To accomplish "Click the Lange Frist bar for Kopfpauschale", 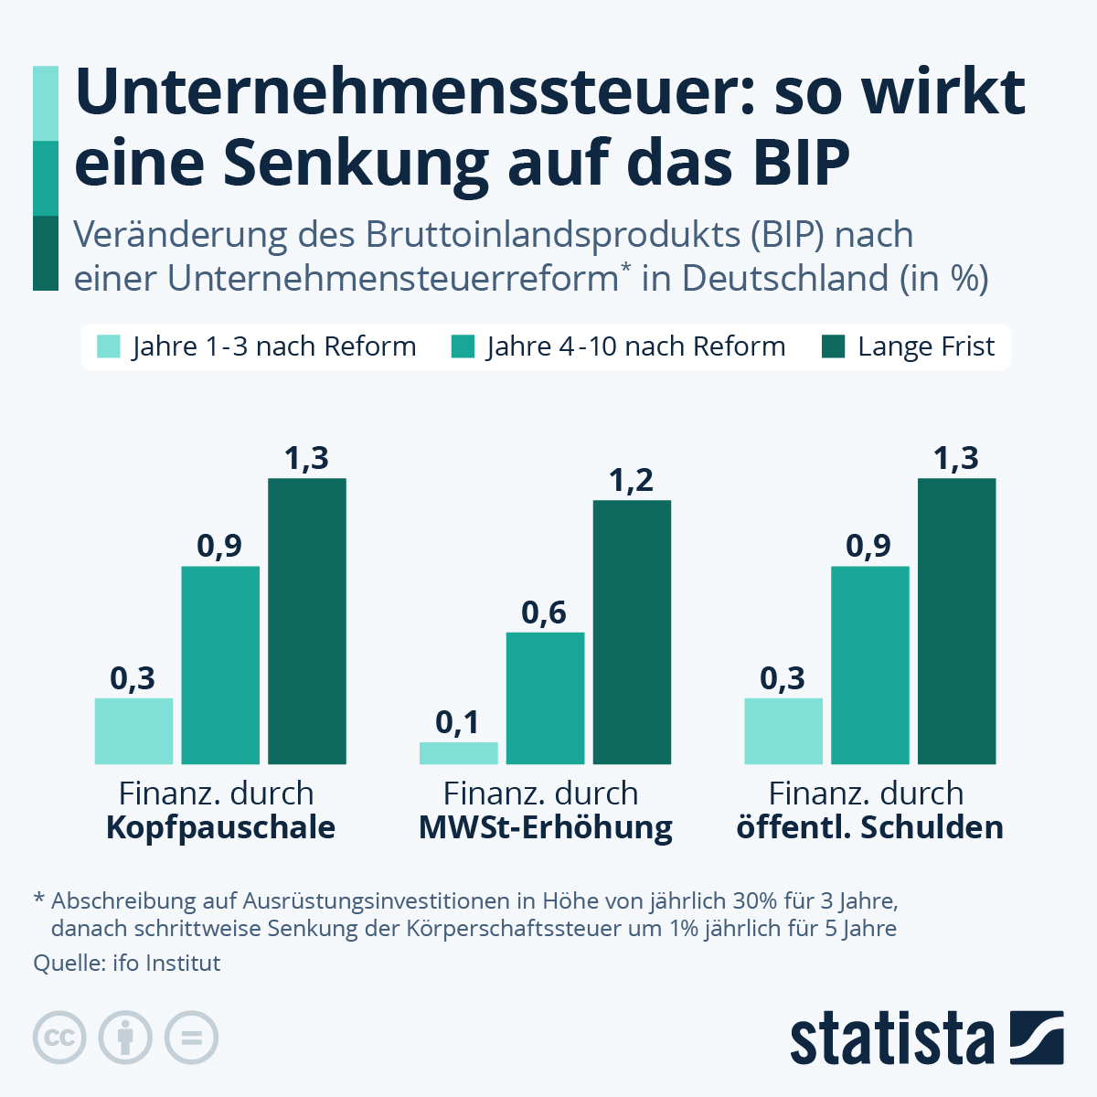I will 307,622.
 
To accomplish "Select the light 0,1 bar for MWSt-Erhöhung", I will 459,753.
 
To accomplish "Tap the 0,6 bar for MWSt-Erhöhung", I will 545,698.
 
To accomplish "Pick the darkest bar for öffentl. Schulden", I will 956,622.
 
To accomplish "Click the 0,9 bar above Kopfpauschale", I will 220,666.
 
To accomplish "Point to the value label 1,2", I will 632,480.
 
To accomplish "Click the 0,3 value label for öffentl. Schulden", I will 783,678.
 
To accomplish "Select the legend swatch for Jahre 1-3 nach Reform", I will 109,347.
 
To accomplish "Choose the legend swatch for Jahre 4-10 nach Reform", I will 463,347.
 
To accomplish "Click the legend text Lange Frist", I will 925,347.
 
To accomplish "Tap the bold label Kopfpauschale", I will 220,827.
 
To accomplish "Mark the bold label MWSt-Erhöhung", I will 546,827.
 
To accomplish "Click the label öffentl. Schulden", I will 869,827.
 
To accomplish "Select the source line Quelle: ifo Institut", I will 127,963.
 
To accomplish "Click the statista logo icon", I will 1037,1038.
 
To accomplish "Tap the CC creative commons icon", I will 59,1038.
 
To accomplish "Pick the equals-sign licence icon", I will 191,1038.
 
